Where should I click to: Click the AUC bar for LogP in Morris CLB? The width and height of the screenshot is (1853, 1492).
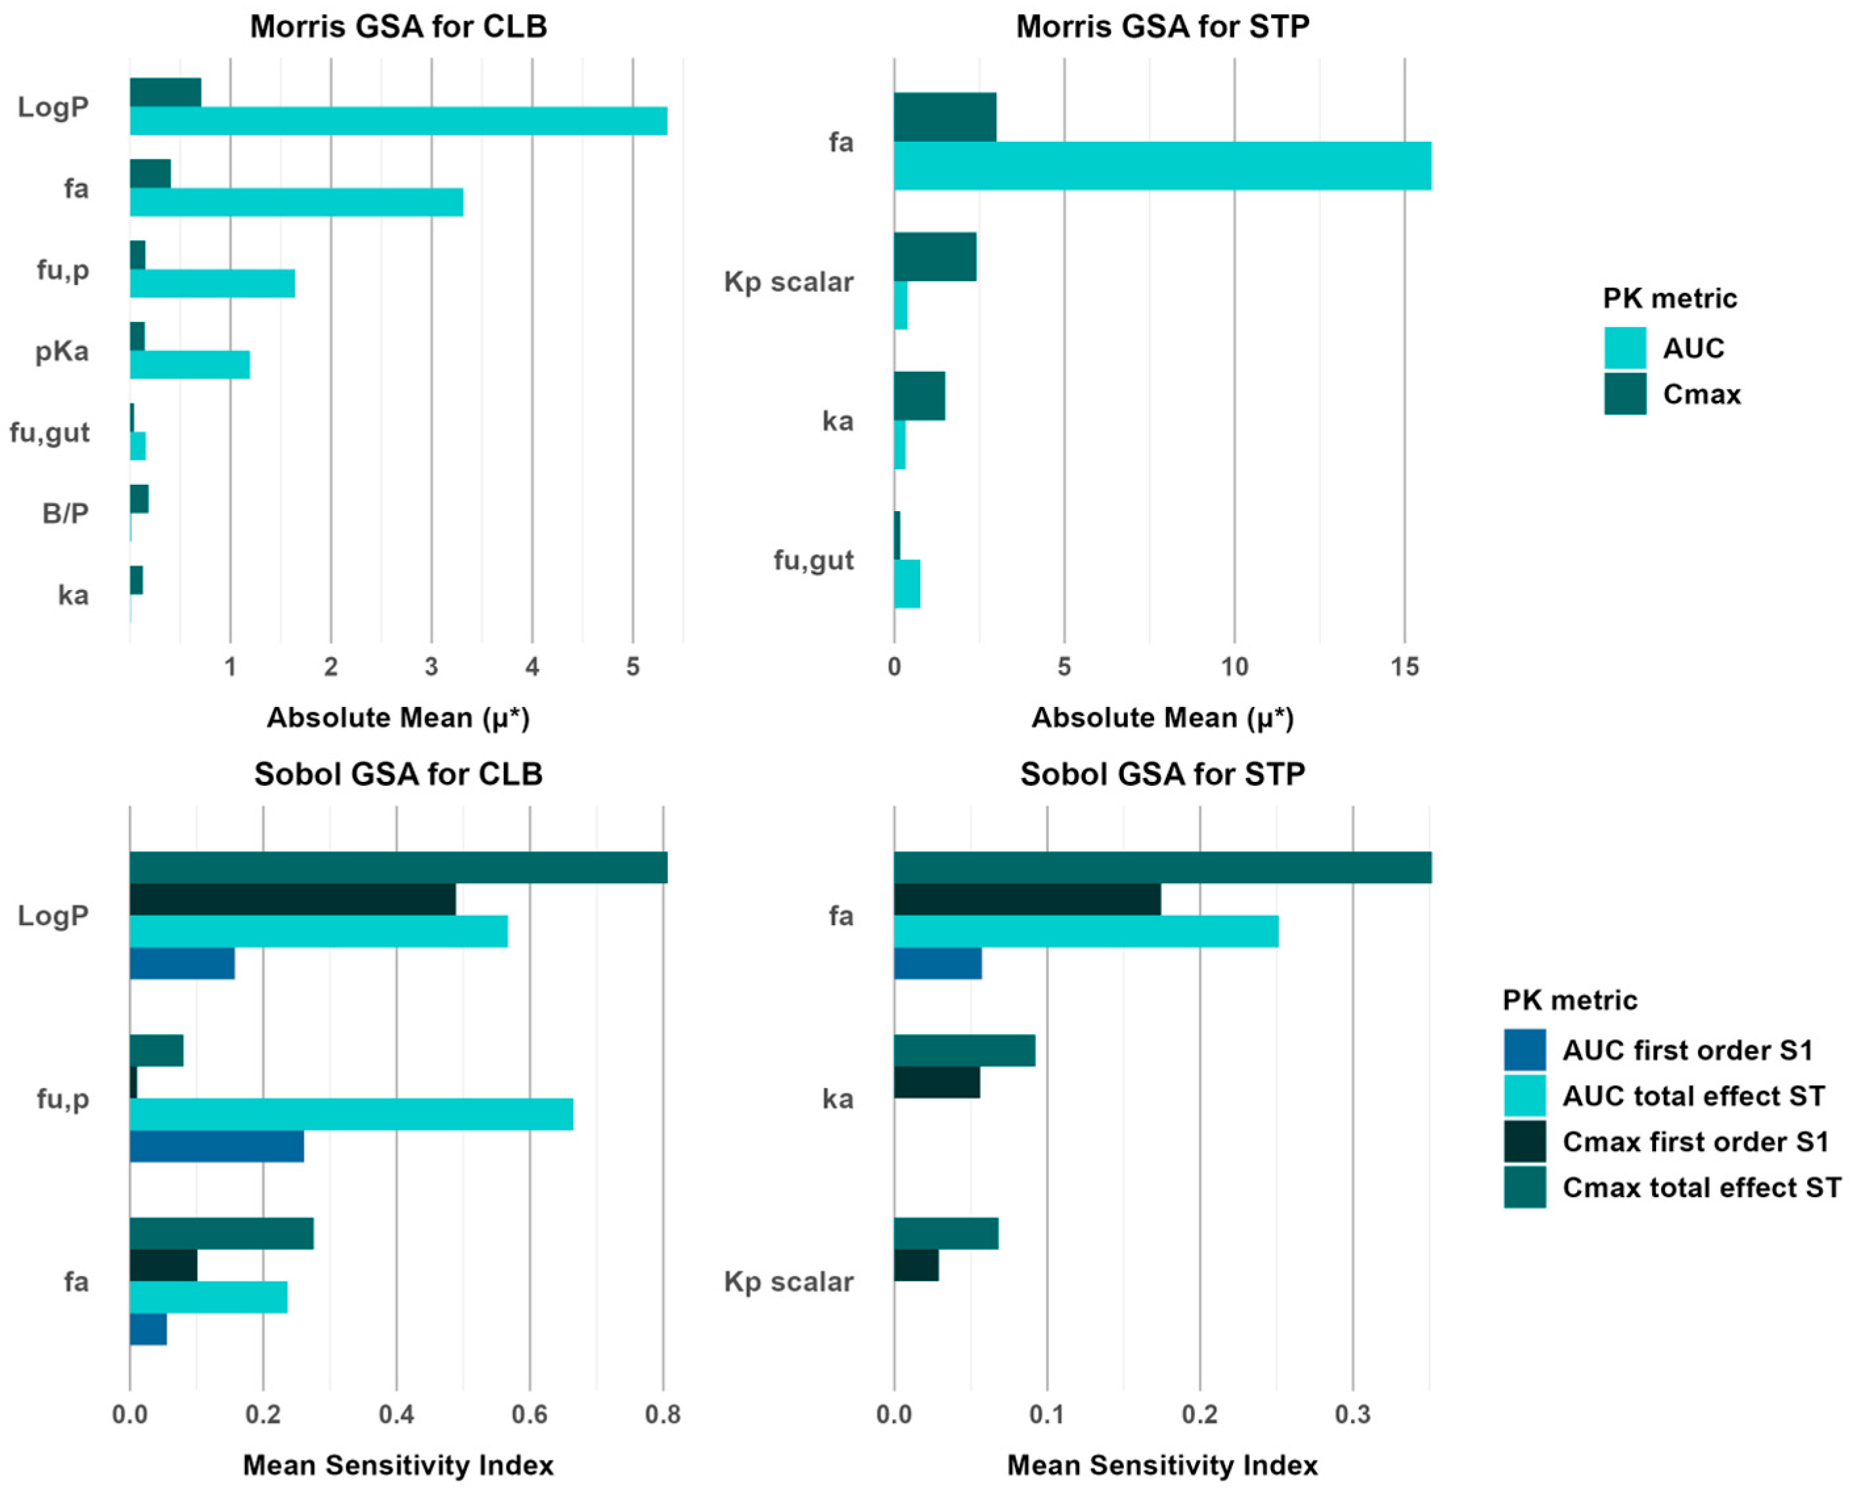(x=398, y=121)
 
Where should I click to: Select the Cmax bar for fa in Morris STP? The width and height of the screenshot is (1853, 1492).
(x=945, y=117)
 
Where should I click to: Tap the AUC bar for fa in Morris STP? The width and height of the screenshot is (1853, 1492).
(x=1162, y=166)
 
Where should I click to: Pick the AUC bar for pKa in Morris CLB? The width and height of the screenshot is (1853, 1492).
(x=190, y=365)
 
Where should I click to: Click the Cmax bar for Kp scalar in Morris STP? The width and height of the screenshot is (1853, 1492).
(x=935, y=257)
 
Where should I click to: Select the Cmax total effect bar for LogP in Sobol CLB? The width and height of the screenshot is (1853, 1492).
(x=398, y=868)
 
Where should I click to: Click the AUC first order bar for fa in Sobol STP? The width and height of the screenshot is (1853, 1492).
(x=938, y=963)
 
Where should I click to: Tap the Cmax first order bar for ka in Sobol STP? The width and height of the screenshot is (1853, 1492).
(x=937, y=1082)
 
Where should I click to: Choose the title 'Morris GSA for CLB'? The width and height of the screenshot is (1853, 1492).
(x=398, y=27)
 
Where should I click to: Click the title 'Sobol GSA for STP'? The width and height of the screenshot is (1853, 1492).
(x=1162, y=775)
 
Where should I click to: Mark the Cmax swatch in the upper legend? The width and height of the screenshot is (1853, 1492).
(x=1624, y=394)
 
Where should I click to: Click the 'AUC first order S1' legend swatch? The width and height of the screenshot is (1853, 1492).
(x=1525, y=1051)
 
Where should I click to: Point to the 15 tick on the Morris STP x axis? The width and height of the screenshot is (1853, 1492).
(x=1404, y=667)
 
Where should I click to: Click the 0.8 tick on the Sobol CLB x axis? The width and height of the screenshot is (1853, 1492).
(x=663, y=1414)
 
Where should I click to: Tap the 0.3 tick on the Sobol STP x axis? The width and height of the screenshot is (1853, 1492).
(x=1352, y=1414)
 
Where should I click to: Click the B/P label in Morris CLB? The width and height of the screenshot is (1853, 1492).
(x=65, y=514)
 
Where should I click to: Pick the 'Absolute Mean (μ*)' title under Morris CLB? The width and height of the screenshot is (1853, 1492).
(x=398, y=717)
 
